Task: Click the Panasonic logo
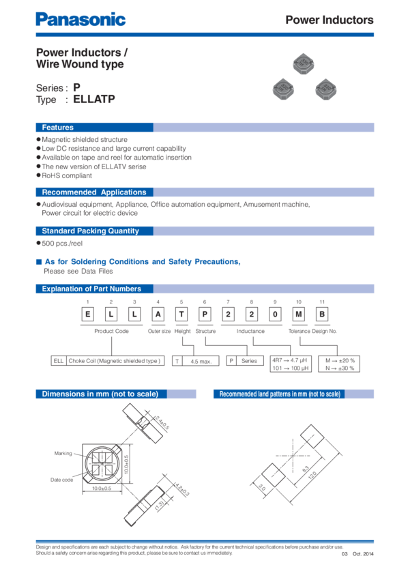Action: click(80, 20)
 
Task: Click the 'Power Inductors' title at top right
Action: click(329, 20)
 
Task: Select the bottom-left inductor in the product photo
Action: click(282, 88)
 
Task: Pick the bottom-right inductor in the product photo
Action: click(325, 89)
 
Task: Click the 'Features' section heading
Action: click(58, 128)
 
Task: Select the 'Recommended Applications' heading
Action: click(94, 192)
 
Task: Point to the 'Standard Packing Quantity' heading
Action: click(90, 231)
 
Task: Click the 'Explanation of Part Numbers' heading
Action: click(91, 289)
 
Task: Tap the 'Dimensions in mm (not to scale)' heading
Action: click(100, 394)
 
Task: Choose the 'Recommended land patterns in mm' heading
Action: click(279, 394)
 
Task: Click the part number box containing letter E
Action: click(88, 313)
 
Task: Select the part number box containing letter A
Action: click(158, 313)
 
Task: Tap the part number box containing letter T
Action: click(181, 313)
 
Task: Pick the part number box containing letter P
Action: click(205, 313)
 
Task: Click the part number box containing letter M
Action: click(298, 313)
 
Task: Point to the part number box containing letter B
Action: click(321, 313)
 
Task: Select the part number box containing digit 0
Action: click(275, 313)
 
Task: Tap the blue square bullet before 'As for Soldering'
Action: click(38, 262)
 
